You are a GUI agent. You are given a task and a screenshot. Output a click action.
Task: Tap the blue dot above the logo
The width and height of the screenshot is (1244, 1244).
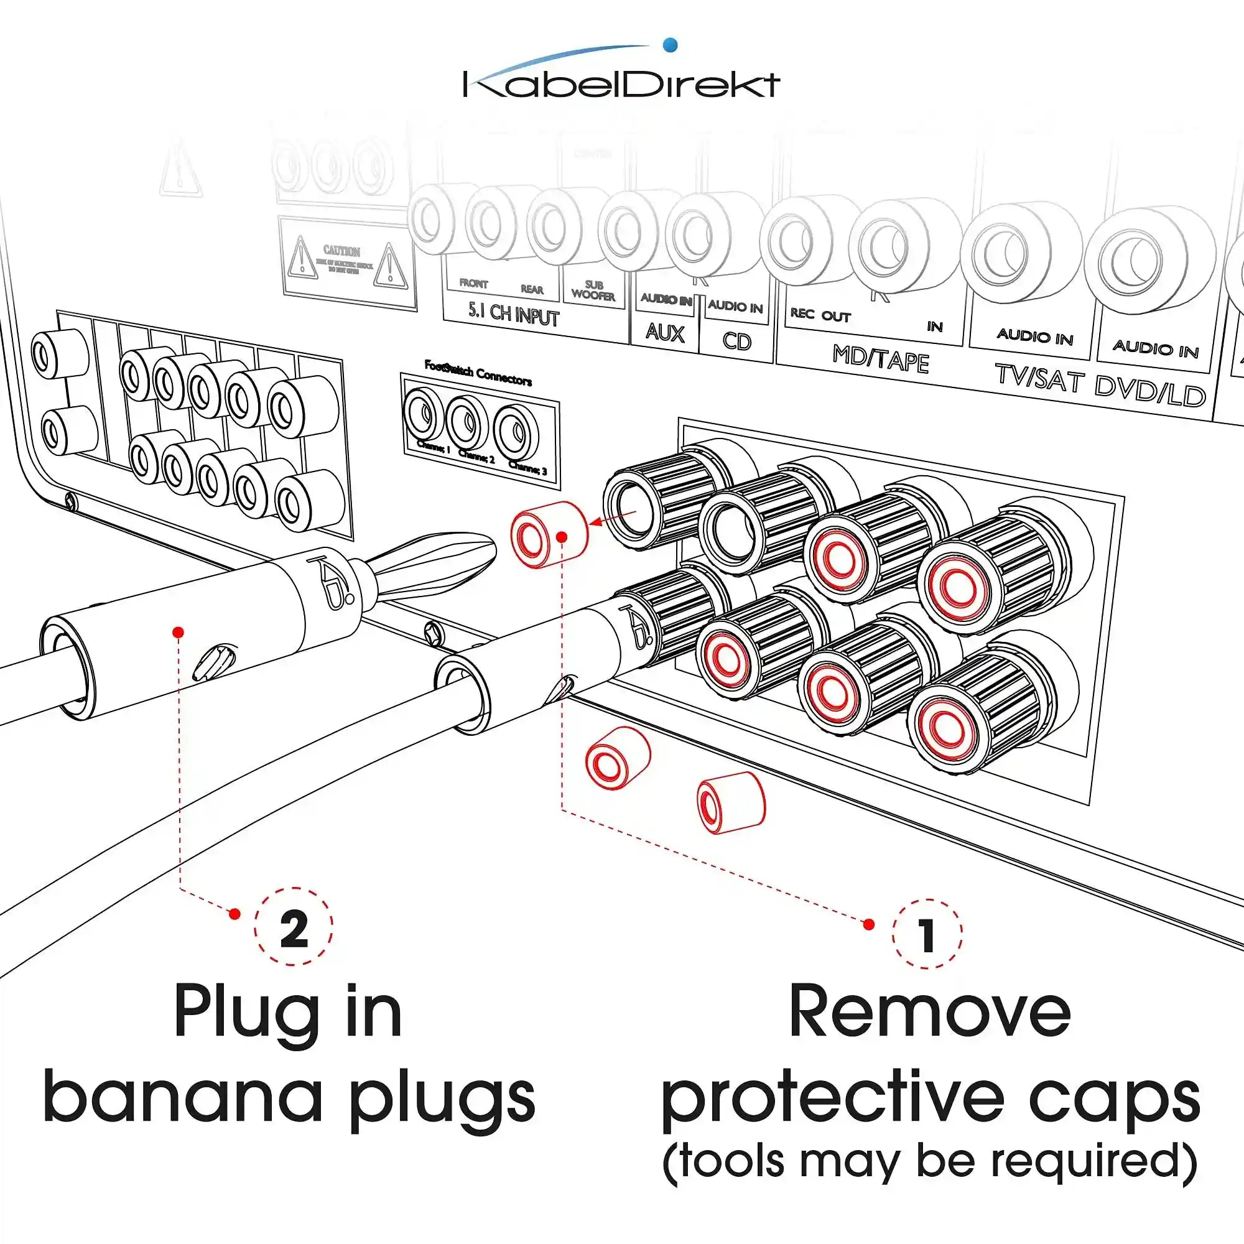click(670, 44)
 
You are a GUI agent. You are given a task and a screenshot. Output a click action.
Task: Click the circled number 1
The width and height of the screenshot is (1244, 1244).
click(927, 934)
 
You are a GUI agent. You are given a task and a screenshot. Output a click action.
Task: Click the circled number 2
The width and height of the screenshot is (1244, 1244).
click(294, 928)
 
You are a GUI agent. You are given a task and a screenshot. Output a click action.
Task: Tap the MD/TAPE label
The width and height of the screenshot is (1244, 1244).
click(880, 359)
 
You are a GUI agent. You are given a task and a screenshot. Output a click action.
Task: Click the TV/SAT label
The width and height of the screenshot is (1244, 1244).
click(1039, 378)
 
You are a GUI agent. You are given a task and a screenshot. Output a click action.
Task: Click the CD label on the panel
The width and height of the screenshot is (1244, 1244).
click(736, 340)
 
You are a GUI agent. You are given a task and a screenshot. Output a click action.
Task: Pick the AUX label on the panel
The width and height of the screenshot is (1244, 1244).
click(664, 333)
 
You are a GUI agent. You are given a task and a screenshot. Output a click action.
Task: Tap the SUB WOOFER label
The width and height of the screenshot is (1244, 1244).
click(593, 290)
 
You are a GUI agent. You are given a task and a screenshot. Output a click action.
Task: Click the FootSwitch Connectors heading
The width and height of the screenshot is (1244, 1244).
click(478, 373)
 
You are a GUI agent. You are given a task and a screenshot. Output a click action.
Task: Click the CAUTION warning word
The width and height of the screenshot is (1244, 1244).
click(341, 251)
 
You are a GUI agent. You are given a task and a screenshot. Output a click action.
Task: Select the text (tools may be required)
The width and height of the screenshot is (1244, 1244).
click(929, 1161)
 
